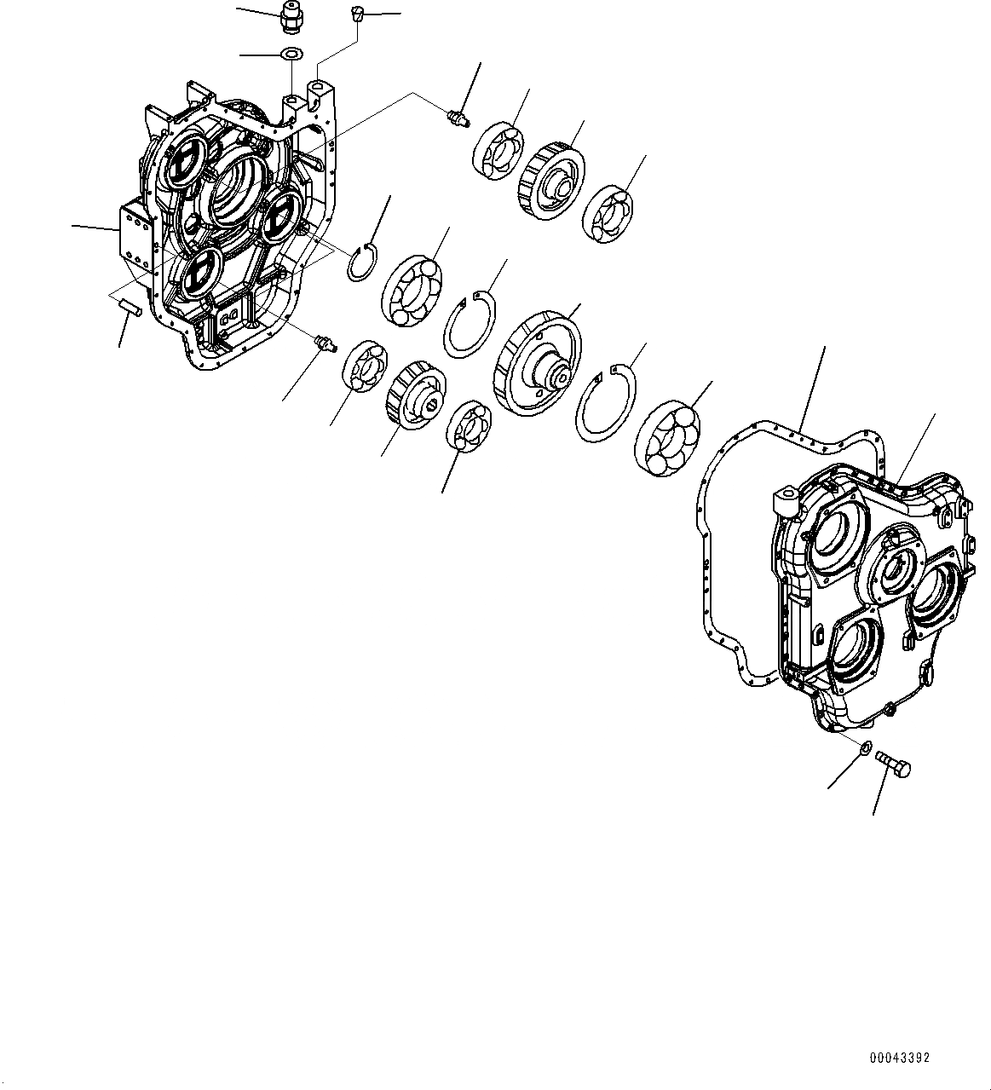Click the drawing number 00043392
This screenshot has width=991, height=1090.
pos(899,1058)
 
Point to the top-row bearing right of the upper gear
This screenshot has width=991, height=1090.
pos(608,211)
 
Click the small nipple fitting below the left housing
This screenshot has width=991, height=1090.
pos(325,343)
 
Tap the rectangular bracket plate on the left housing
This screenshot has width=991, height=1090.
pos(133,238)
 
